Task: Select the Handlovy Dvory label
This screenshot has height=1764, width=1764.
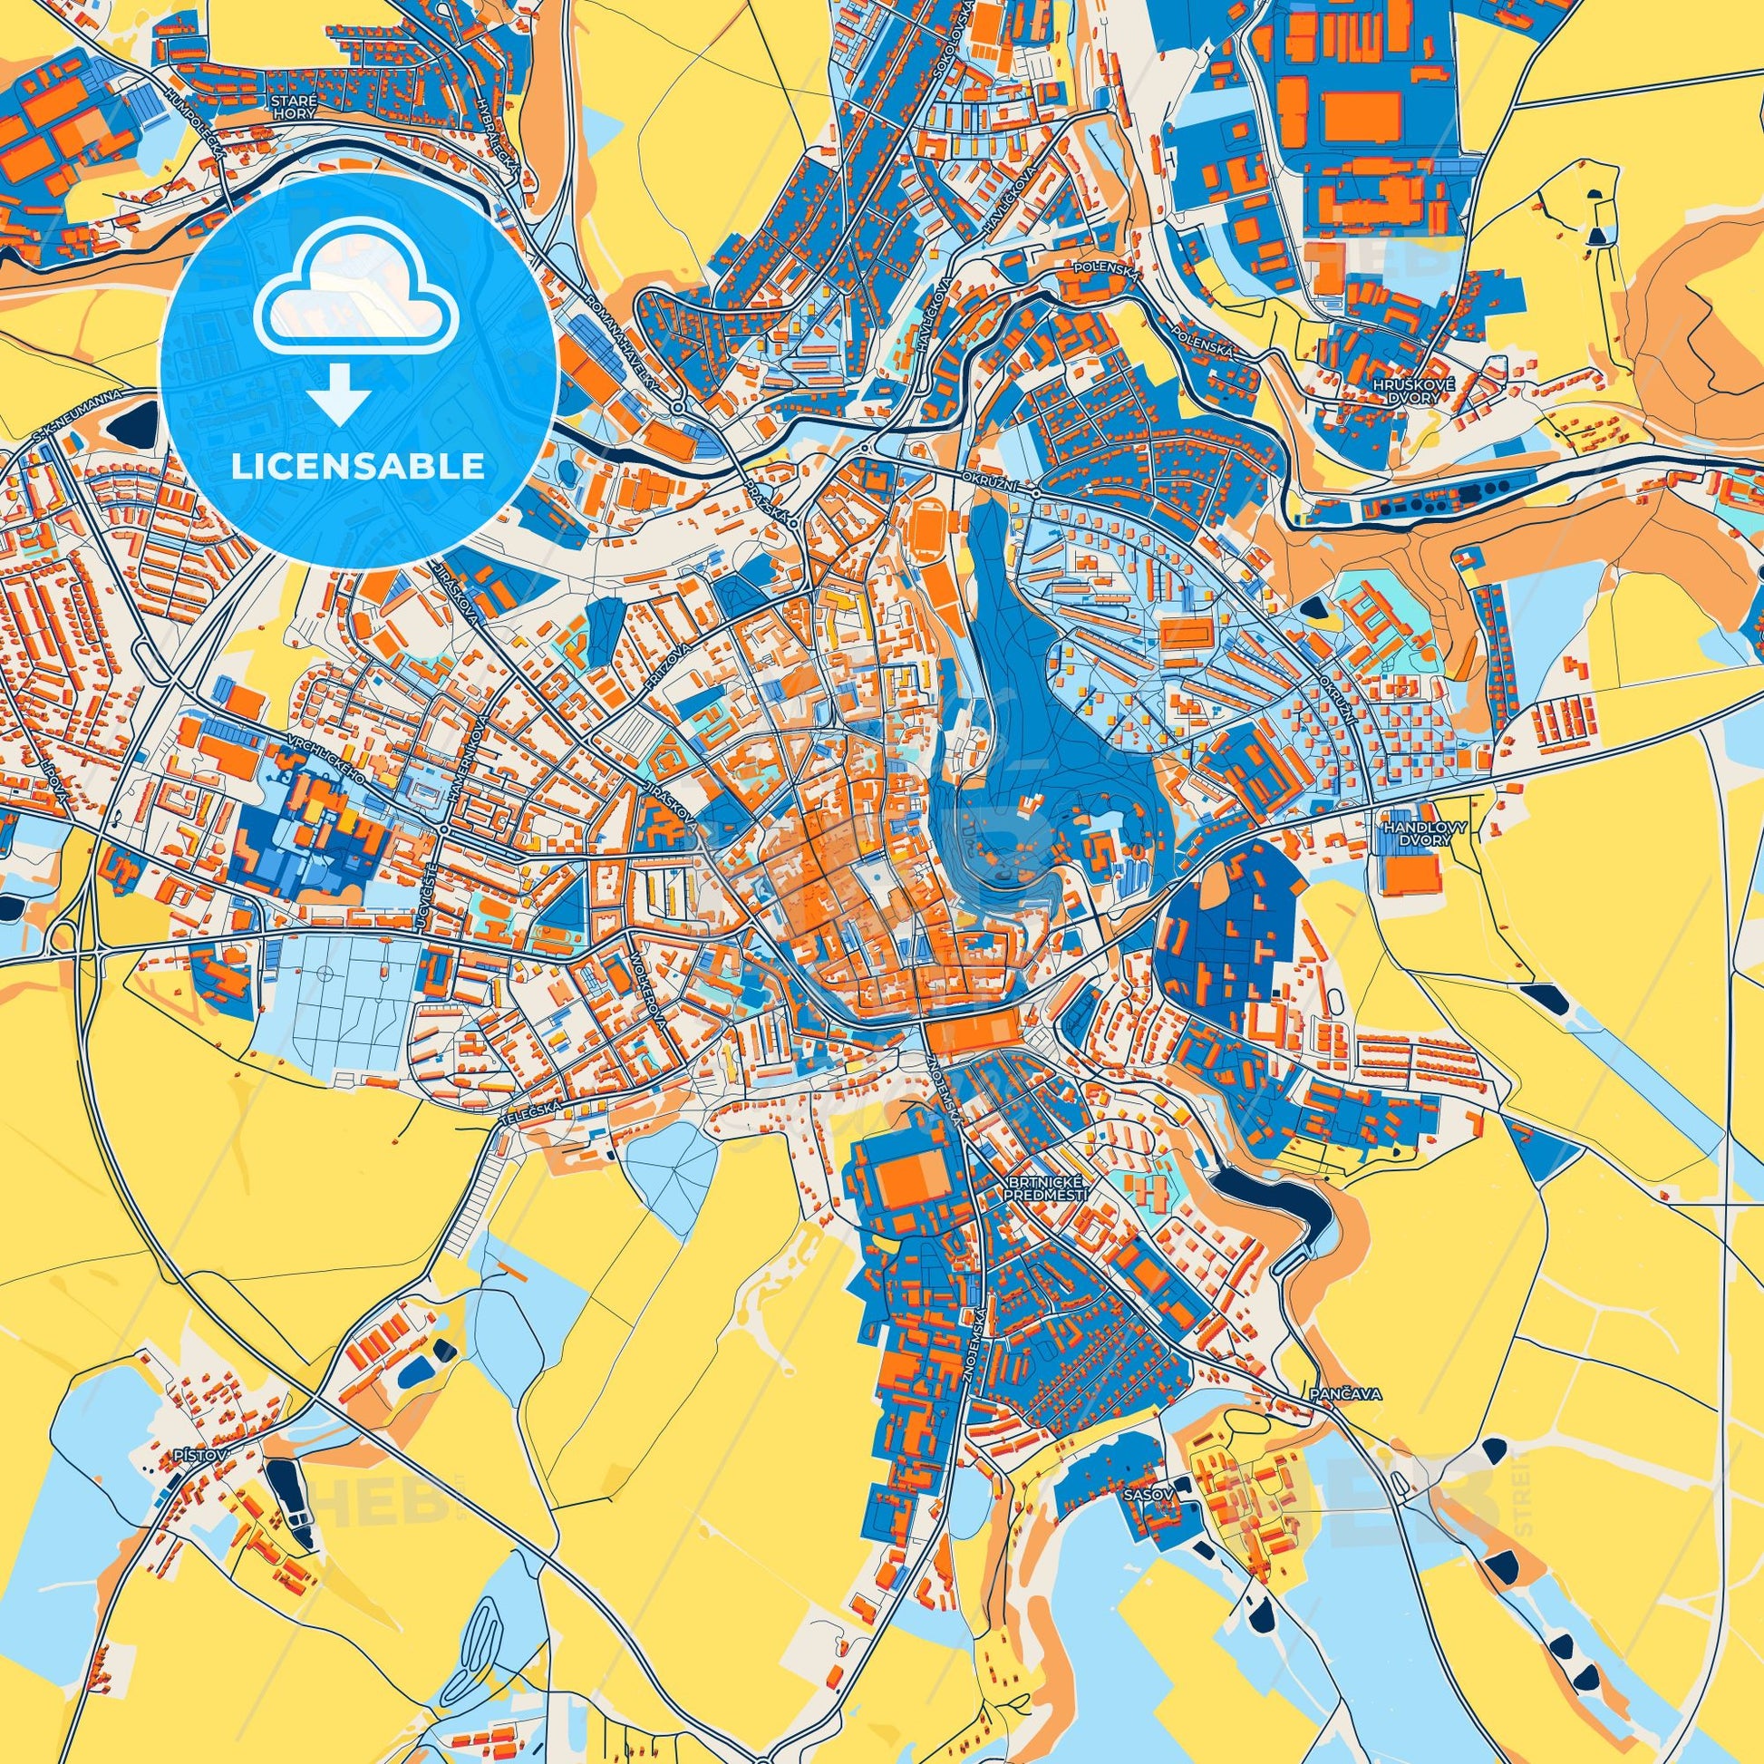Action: click(1411, 832)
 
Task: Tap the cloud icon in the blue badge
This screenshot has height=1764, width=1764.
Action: click(359, 301)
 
